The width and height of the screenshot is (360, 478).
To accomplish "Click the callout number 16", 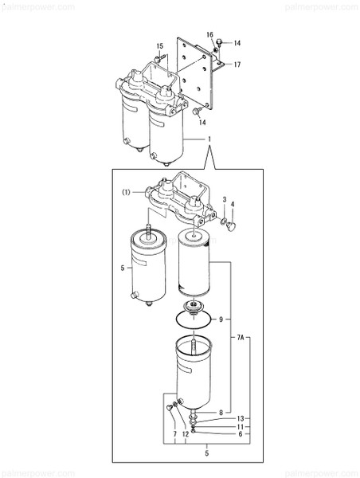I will tap(210, 34).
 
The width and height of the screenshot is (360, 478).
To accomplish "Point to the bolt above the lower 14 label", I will tap(194, 113).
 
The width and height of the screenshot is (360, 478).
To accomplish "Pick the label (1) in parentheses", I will tap(126, 192).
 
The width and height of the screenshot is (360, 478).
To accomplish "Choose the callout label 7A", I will tap(241, 338).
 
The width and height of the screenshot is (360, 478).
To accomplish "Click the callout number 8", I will tap(220, 412).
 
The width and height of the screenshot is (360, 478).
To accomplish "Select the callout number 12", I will tap(185, 434).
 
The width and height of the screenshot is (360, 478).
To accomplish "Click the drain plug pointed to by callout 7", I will tap(170, 409).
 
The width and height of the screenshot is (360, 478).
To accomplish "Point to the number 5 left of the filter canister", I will tap(122, 268).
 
